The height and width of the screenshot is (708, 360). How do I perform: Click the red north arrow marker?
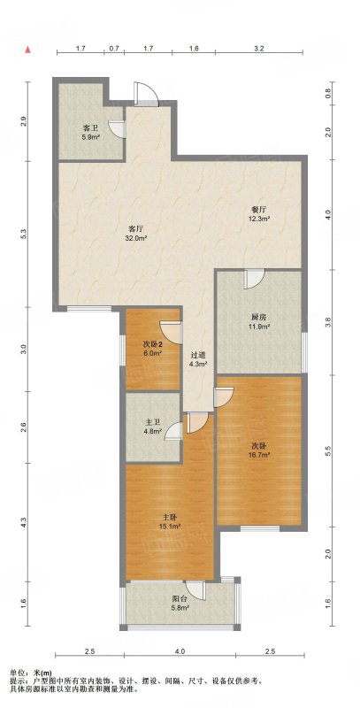tap(28, 49)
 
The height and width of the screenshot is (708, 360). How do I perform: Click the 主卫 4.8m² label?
tap(152, 427)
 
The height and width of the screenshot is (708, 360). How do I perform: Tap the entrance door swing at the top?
tap(146, 94)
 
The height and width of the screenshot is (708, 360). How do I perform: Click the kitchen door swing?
tap(255, 279)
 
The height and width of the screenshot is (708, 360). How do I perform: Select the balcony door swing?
tap(195, 590)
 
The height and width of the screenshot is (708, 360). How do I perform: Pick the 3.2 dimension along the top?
tap(258, 48)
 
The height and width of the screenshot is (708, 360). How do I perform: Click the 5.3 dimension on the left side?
tap(24, 234)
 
